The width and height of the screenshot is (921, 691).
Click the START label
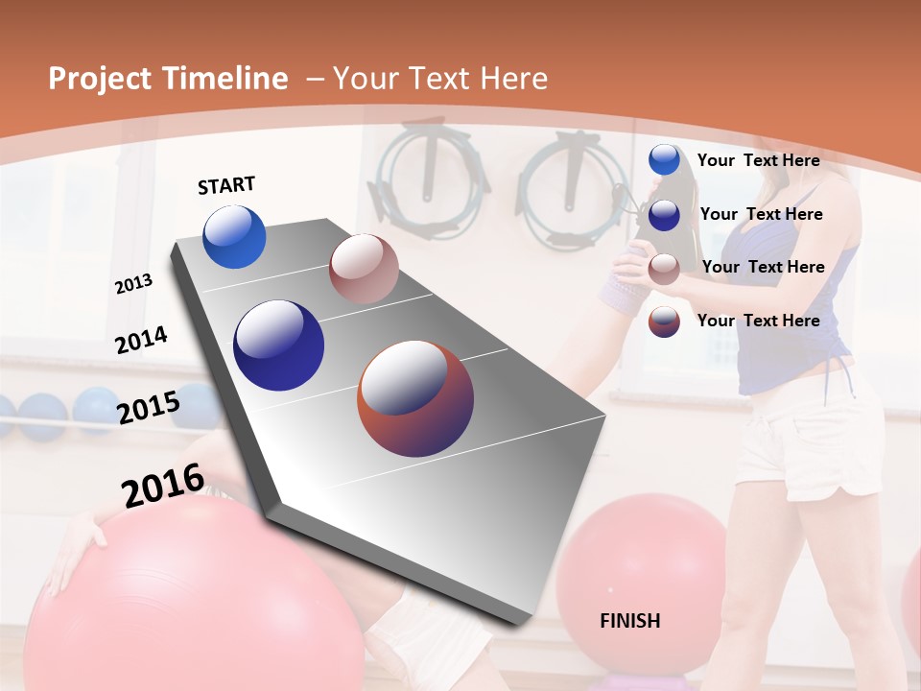coord(226,185)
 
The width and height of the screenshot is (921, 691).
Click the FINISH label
coord(629,621)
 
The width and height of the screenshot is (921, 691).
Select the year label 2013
coord(133,284)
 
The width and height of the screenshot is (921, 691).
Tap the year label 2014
coord(141,340)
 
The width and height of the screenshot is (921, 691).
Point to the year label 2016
coord(163,485)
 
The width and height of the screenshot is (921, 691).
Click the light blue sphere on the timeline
coord(234,236)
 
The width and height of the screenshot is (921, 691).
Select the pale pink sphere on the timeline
coord(363,268)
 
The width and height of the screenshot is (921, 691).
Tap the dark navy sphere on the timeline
coord(278,345)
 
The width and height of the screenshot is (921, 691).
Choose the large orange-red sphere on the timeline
coord(414,397)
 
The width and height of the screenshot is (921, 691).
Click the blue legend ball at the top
coord(664,160)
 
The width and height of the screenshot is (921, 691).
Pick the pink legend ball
coord(664,268)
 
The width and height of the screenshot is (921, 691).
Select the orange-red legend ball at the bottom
coord(664,322)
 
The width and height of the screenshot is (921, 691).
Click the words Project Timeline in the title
coord(168,79)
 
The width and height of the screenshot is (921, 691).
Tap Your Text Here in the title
coord(439,79)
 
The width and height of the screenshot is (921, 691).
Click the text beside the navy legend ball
coord(761,214)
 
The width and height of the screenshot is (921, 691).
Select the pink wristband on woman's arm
coord(622,288)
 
